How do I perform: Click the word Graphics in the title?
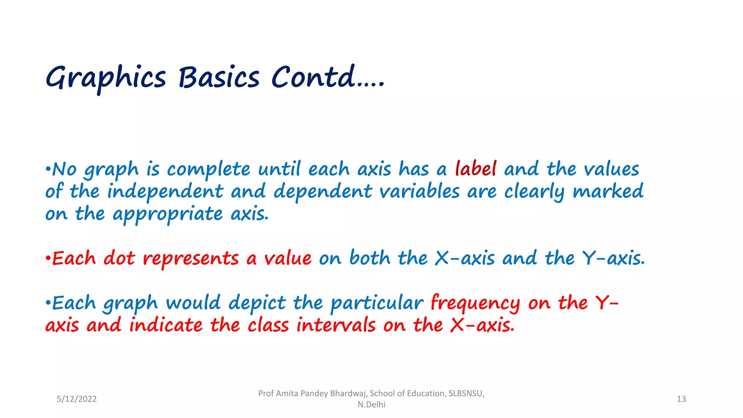(106, 78)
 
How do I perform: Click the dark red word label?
(476, 169)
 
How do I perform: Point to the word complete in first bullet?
(208, 170)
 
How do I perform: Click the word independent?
(165, 191)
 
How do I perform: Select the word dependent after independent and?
(323, 192)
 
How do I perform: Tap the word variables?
(420, 191)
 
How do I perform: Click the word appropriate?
(168, 214)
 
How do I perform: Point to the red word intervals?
(336, 325)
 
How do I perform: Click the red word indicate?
(166, 325)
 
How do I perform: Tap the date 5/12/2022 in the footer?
(77, 399)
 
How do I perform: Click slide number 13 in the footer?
(681, 399)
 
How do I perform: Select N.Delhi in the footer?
(371, 405)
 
